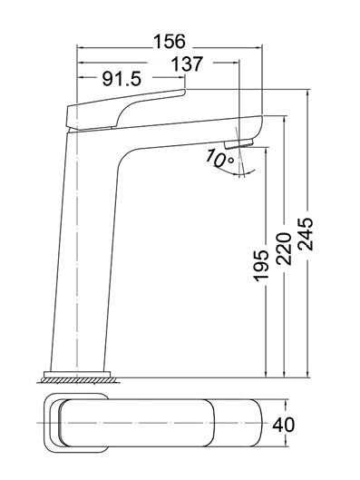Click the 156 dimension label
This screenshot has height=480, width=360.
click(x=170, y=42)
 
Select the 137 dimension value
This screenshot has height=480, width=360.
click(x=187, y=64)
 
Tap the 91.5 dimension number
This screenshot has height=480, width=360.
click(x=122, y=79)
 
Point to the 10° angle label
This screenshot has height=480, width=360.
click(x=219, y=159)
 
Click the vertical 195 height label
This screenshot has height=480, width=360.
click(x=261, y=265)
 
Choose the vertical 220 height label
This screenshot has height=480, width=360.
click(x=283, y=249)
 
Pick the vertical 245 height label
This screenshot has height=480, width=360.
click(x=306, y=234)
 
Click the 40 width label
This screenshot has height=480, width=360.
click(x=283, y=425)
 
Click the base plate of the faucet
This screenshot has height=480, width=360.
click(x=77, y=375)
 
